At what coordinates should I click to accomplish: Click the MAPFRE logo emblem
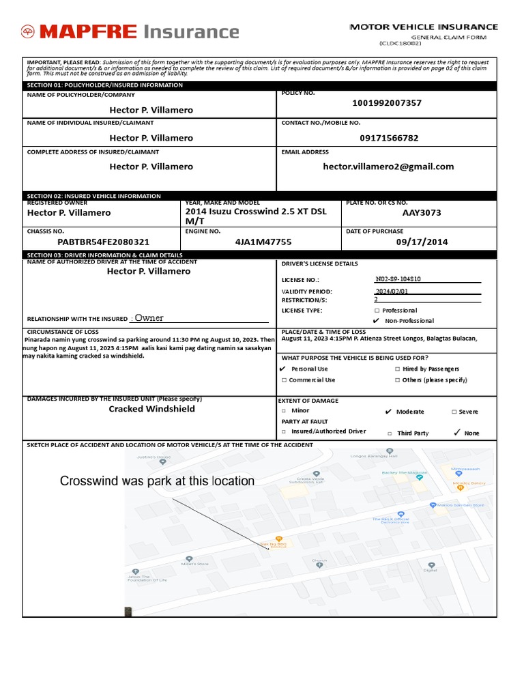point(28,31)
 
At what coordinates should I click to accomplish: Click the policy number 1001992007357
point(387,103)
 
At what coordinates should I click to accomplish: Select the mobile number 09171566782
point(389,138)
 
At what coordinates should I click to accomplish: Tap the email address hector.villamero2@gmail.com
point(388,167)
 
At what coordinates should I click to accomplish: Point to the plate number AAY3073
point(422,212)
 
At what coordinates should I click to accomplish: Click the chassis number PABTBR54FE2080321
point(103,242)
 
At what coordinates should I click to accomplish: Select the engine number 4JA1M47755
point(263,242)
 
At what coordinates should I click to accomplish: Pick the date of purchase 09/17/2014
point(422,242)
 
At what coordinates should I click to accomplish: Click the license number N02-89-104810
point(398,279)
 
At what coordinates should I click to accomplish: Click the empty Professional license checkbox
point(377,311)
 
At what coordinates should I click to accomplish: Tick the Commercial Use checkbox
point(284,380)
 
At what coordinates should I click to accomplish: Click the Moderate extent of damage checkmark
point(388,412)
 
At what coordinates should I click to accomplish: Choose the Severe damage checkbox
point(454,412)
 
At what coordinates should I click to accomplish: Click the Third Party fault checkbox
point(390,433)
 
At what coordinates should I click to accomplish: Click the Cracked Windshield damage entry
point(151,409)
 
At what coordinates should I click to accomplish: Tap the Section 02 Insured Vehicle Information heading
point(94,196)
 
